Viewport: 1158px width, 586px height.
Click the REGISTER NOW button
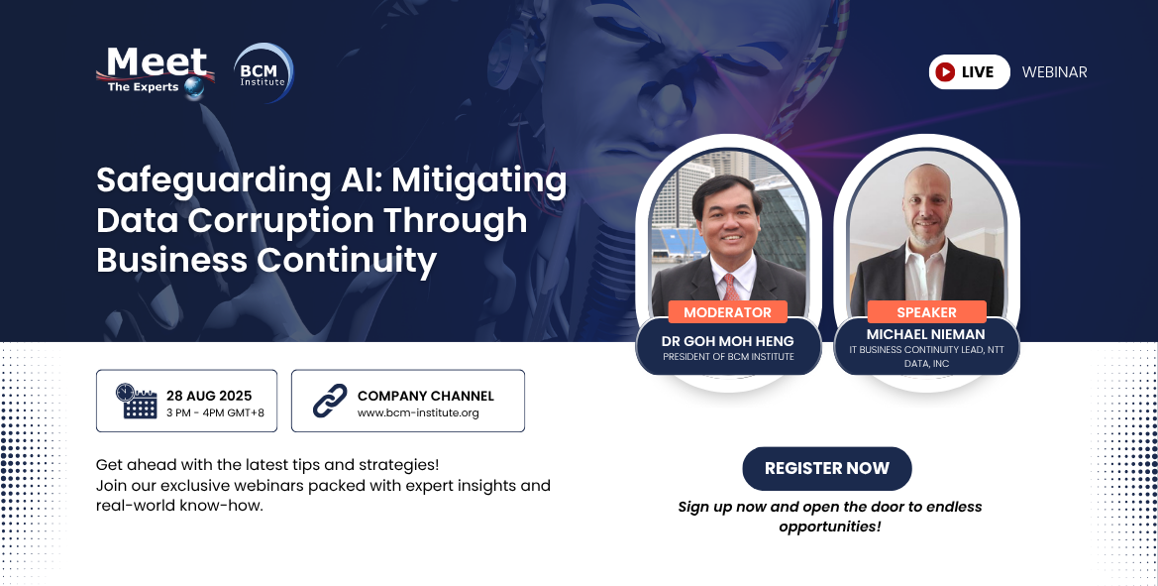826,468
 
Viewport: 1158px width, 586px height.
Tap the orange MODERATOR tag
727,312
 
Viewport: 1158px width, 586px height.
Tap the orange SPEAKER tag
926,312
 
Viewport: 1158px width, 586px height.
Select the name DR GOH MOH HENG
728,341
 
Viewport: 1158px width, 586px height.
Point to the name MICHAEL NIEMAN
926,335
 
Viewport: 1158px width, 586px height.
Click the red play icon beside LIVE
945,72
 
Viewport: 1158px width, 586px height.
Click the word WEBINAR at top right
1054,72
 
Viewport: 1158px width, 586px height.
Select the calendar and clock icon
137,401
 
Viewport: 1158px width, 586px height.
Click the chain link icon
329,401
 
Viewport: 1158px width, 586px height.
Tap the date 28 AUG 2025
209,396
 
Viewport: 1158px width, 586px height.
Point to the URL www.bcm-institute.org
418,412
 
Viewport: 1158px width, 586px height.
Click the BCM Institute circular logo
263,73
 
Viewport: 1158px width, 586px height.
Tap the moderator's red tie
729,287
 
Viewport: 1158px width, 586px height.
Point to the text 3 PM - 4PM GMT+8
216,412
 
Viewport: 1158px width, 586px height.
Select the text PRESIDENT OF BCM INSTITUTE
728,357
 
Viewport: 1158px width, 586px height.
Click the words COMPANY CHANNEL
425,396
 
